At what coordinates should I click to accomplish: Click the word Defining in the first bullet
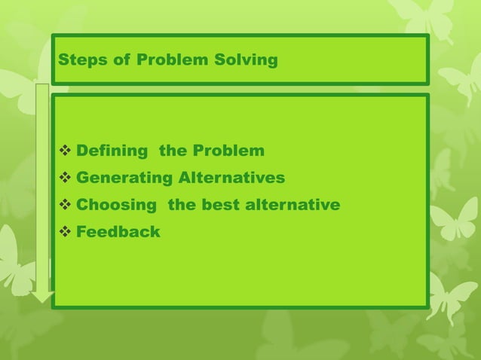[x=112, y=151]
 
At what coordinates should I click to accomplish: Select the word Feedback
[x=118, y=232]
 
